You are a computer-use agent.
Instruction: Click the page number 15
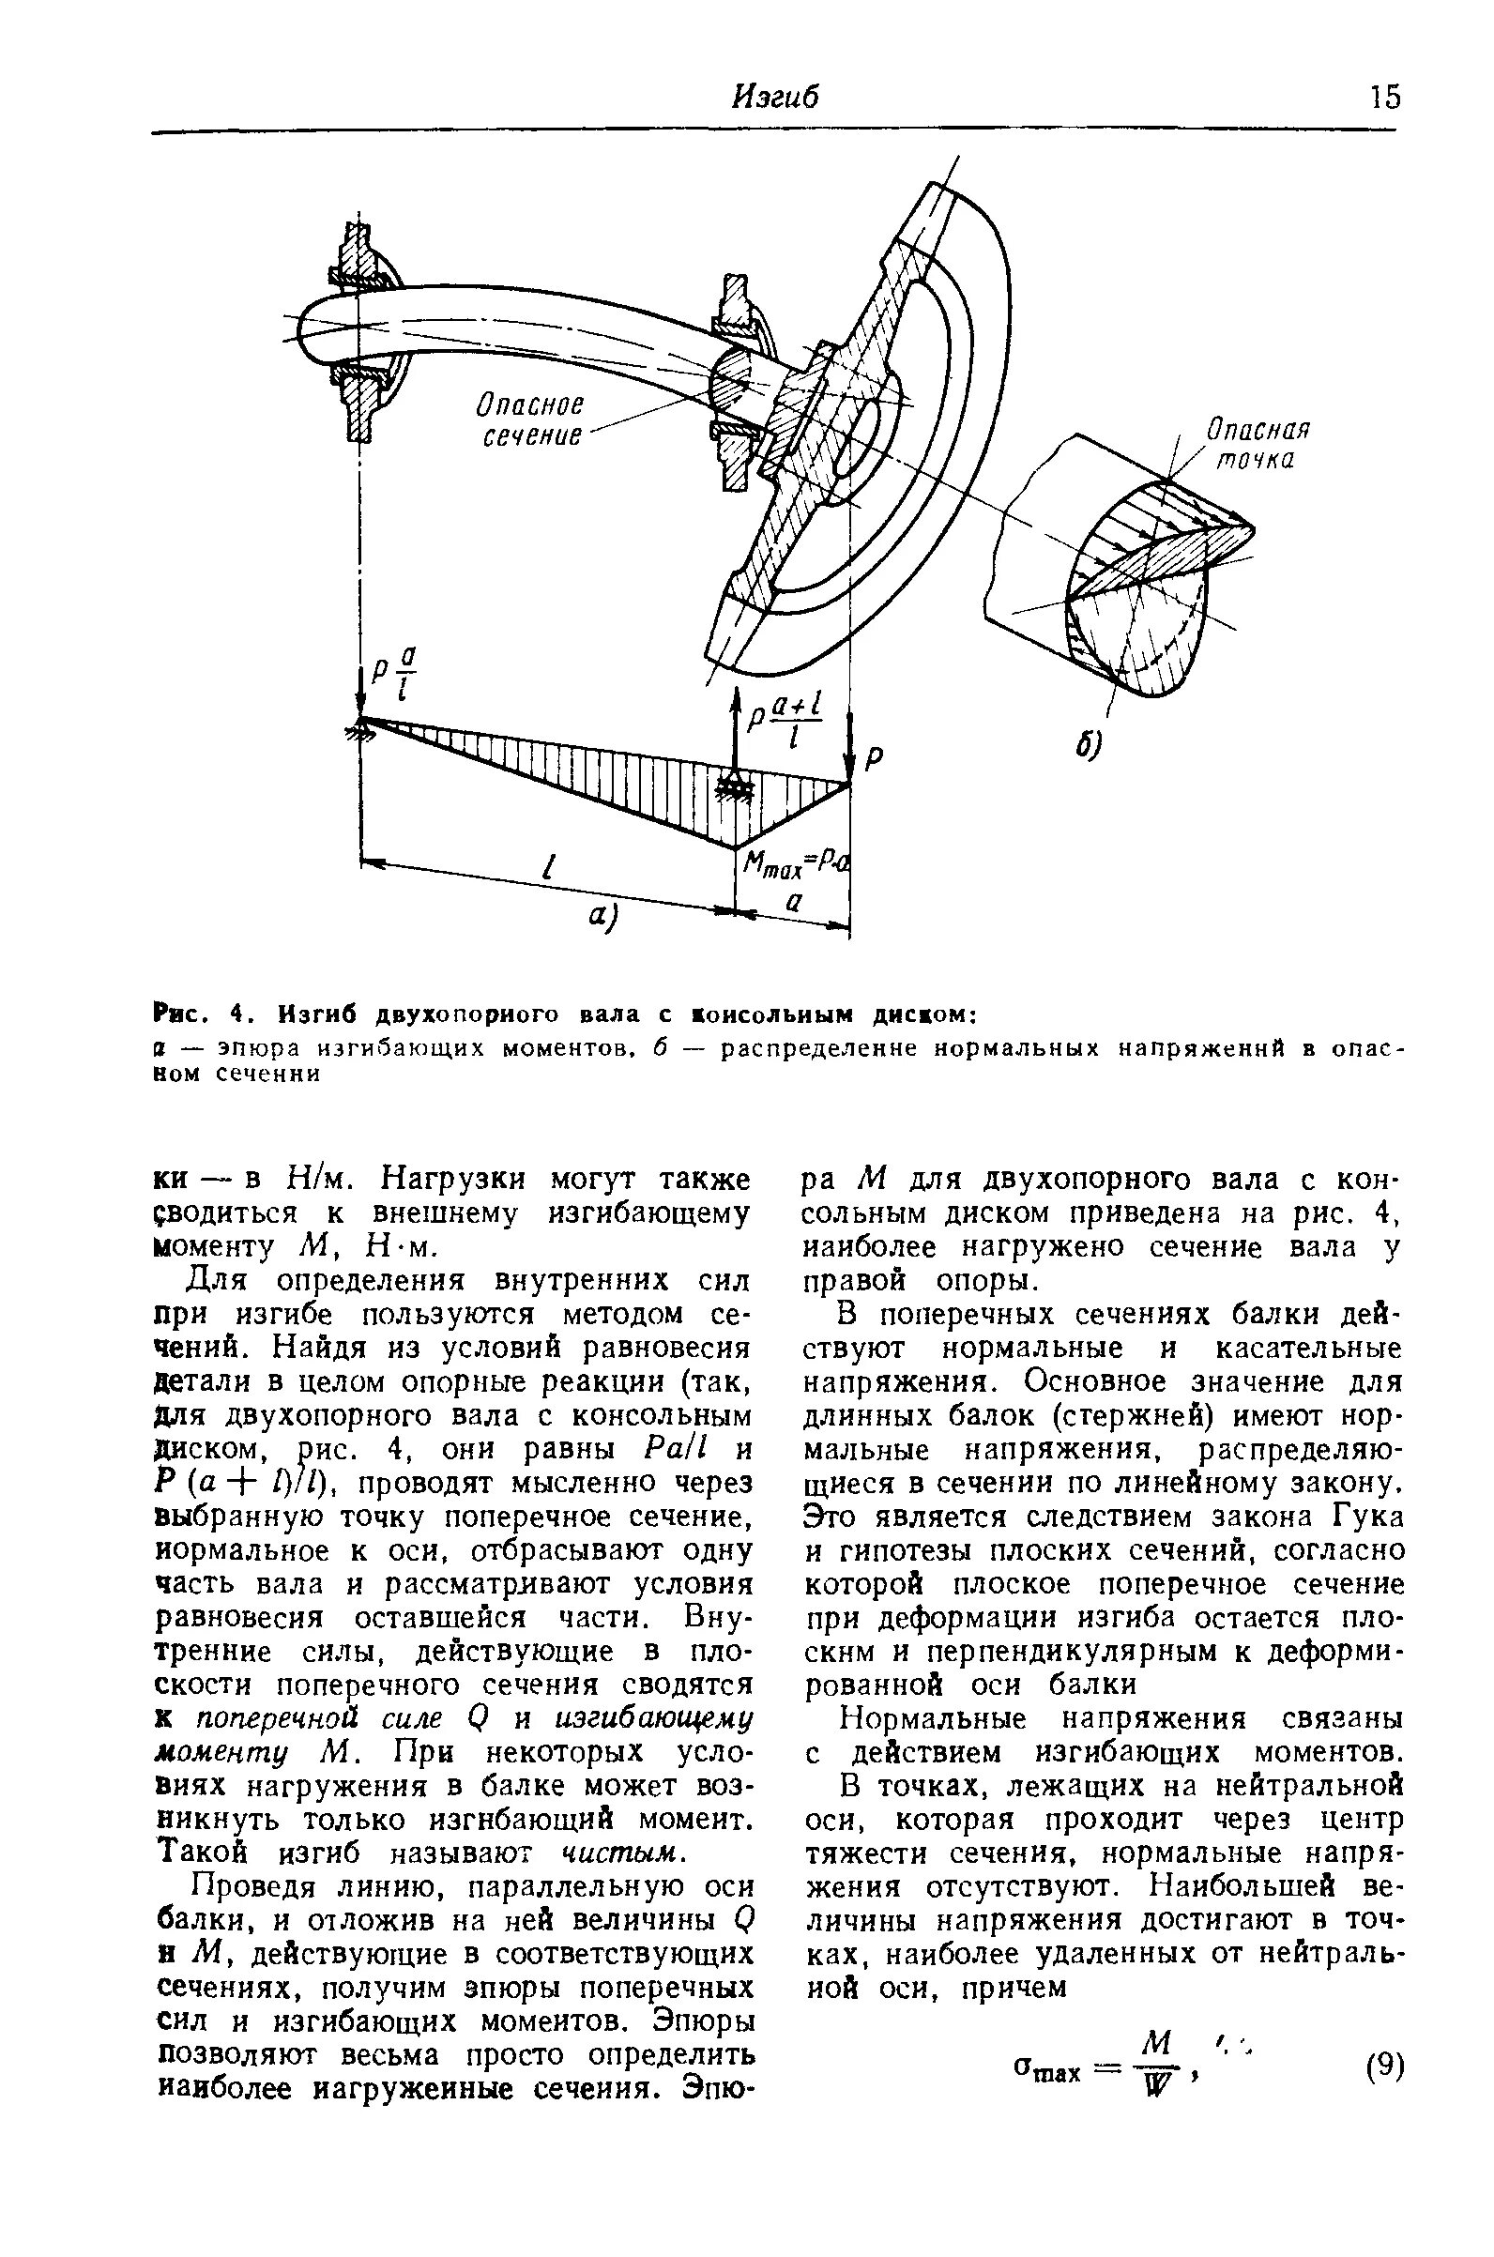pyautogui.click(x=1383, y=98)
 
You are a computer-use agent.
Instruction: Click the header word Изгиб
pyautogui.click(x=774, y=98)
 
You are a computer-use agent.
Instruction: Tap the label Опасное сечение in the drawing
pyautogui.click(x=531, y=420)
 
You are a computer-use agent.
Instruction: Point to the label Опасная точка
pyautogui.click(x=1258, y=444)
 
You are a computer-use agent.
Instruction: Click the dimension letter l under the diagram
pyautogui.click(x=547, y=868)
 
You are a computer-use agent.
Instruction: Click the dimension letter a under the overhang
pyautogui.click(x=792, y=907)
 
